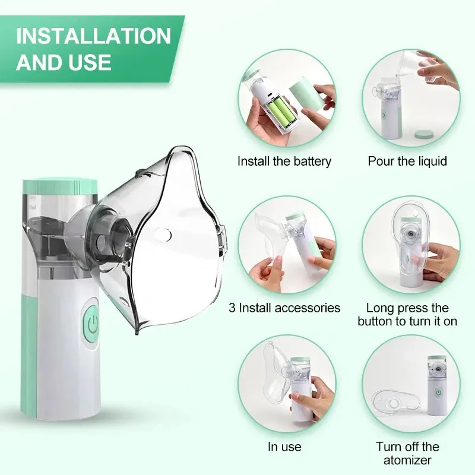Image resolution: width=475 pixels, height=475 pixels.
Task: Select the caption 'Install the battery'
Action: pyautogui.click(x=284, y=161)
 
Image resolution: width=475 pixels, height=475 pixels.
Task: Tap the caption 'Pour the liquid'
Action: pyautogui.click(x=407, y=161)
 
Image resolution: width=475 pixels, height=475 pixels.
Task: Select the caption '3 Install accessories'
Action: pyautogui.click(x=284, y=308)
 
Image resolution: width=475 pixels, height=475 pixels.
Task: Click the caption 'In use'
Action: pyautogui.click(x=284, y=446)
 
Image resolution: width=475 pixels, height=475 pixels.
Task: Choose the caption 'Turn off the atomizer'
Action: pyautogui.click(x=407, y=453)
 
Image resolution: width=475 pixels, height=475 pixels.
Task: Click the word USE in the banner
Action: pyautogui.click(x=89, y=62)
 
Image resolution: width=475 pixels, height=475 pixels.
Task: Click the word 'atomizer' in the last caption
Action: pyautogui.click(x=407, y=460)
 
